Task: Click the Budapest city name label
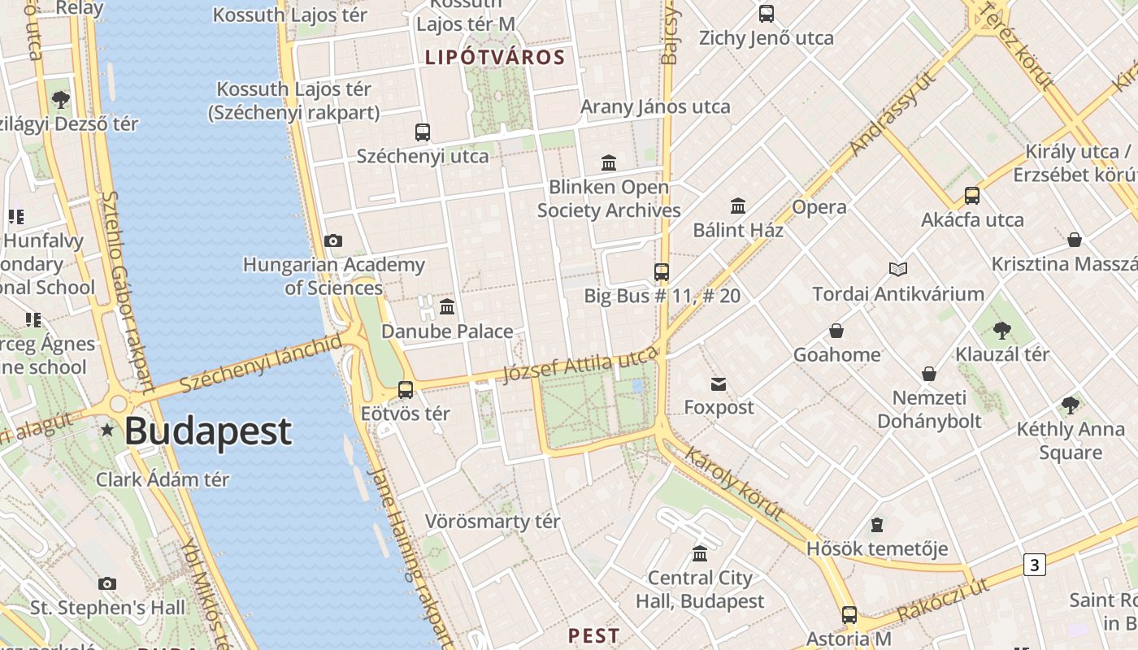tap(207, 431)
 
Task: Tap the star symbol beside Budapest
tap(106, 429)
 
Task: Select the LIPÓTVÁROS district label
tap(495, 58)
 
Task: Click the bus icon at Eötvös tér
tap(406, 390)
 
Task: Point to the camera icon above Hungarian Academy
tap(333, 240)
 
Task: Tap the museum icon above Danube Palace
tap(447, 307)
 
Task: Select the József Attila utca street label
tap(580, 363)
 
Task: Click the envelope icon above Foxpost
tap(719, 384)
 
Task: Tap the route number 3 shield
tap(1034, 565)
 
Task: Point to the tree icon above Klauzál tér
tap(1001, 331)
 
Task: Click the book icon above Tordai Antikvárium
tap(897, 269)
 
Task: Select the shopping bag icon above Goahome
tap(836, 331)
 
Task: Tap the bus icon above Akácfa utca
tap(972, 196)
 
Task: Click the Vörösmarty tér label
tap(493, 522)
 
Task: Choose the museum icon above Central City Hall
tap(700, 554)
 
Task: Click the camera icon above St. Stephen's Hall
tap(107, 583)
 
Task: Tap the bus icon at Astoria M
tap(849, 615)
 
